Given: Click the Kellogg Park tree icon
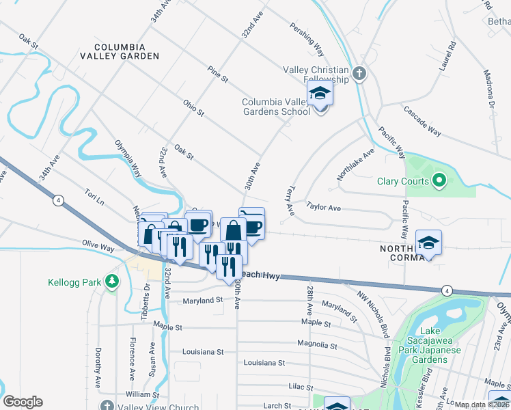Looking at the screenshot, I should tap(111, 282).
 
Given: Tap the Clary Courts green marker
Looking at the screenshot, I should tap(439, 181).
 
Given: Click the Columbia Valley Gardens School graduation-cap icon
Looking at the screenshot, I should tap(319, 95).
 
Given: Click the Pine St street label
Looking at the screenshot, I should tap(219, 74).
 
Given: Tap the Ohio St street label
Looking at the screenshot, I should tap(193, 107).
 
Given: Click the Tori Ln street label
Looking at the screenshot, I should tap(94, 197).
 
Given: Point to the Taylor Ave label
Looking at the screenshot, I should tap(323, 205).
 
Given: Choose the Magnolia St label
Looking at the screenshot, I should tap(318, 343).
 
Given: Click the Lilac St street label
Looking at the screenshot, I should tap(300, 386).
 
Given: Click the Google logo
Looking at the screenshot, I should tap(23, 402).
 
